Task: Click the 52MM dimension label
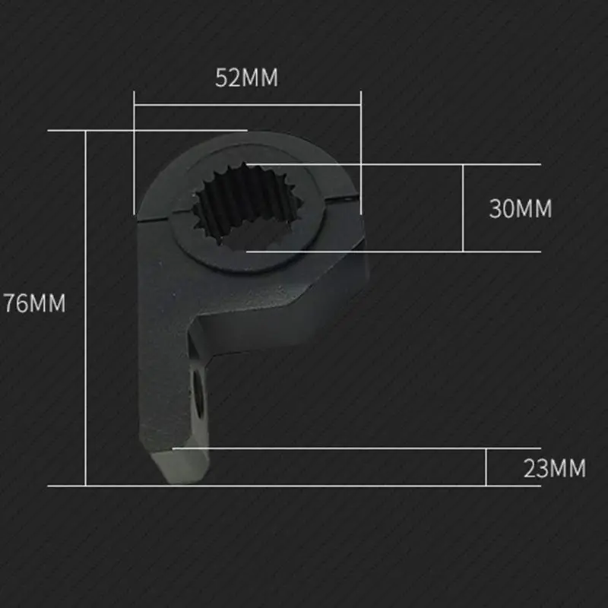pyautogui.click(x=246, y=78)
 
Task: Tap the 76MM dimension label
pyautogui.click(x=34, y=302)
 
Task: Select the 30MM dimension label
pyautogui.click(x=521, y=208)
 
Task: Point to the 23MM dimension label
pyautogui.click(x=555, y=468)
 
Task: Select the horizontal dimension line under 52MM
pyautogui.click(x=248, y=105)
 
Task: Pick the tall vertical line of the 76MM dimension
pyautogui.click(x=86, y=309)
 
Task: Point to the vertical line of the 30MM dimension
pyautogui.click(x=463, y=208)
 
